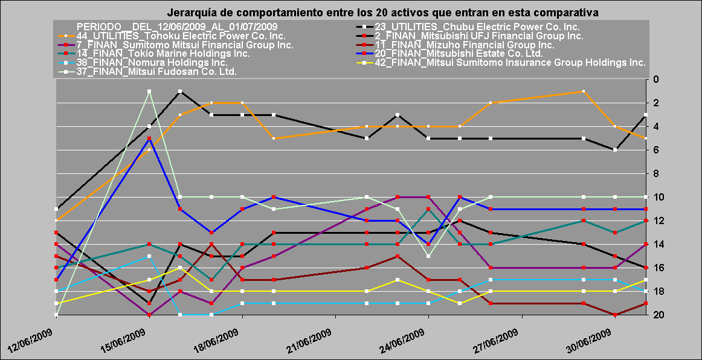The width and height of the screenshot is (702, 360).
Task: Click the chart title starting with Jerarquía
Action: point(382,12)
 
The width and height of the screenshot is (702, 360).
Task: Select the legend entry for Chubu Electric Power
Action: point(477,27)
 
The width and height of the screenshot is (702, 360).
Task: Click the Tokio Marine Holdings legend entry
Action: point(163,54)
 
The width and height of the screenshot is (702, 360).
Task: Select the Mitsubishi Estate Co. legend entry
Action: point(459,54)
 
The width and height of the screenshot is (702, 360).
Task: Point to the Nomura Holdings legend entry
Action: point(152,62)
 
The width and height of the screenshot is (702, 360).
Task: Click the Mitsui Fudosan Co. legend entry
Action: point(156,71)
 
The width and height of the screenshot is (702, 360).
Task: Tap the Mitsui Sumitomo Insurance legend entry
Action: point(510,62)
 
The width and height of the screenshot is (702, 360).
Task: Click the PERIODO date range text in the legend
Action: point(177,27)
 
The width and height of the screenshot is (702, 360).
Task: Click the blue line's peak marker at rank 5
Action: point(149,138)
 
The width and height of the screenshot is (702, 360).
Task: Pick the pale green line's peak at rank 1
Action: point(149,91)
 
